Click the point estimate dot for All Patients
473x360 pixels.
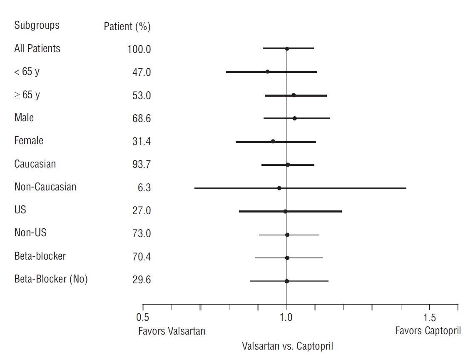point(287,49)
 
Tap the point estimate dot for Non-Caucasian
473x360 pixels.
point(279,188)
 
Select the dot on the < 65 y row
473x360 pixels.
point(267,72)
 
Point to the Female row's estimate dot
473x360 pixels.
point(273,142)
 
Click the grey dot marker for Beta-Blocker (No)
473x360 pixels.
point(286,281)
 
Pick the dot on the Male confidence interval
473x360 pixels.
point(294,118)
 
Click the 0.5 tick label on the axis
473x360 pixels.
point(143,318)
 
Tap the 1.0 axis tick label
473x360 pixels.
point(286,318)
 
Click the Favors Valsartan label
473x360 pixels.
point(172,331)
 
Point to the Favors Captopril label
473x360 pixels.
point(428,331)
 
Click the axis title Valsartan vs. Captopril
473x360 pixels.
point(287,346)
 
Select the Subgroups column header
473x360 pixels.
point(37,25)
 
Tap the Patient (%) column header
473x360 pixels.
point(127,27)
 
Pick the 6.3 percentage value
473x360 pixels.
point(144,188)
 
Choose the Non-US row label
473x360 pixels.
point(30,233)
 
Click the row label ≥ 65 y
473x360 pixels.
point(27,95)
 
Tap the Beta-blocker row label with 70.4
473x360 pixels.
point(40,256)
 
